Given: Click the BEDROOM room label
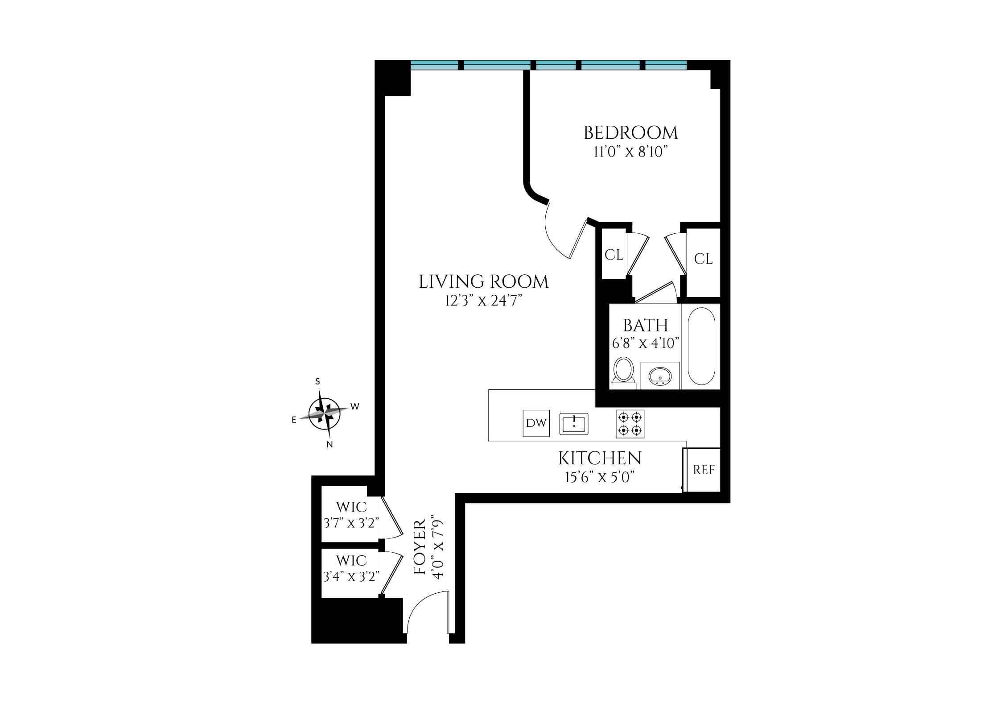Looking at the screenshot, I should (x=630, y=133).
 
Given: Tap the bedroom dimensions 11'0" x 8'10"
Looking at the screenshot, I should (x=630, y=153).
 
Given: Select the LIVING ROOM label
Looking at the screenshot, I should (x=483, y=282).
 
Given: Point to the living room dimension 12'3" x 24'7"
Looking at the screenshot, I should (x=483, y=302).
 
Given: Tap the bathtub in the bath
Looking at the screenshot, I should (x=701, y=346).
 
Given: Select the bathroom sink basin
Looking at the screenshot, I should (x=660, y=376).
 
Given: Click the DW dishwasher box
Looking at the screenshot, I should (x=536, y=423).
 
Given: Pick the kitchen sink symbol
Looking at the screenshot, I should (x=574, y=424).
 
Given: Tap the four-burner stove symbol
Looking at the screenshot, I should (x=630, y=423).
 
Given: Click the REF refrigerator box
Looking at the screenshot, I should (x=703, y=470).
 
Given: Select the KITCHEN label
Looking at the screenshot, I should (x=600, y=459).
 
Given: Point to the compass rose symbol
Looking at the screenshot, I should (x=325, y=413).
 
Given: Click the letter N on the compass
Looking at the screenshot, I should (x=330, y=444).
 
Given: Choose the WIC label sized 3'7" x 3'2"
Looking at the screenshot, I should (x=351, y=507).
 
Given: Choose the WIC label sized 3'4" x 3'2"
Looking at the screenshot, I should (x=351, y=561).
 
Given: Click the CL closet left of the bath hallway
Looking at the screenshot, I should (x=614, y=255).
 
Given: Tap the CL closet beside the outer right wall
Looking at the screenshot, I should (x=704, y=259).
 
